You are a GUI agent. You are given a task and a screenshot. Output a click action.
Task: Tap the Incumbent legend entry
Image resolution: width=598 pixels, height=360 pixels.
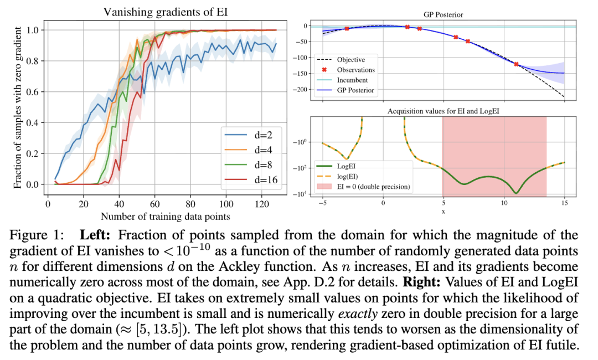[x=352, y=80]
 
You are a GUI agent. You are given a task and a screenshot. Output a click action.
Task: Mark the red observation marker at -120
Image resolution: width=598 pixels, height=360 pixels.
[x=516, y=64]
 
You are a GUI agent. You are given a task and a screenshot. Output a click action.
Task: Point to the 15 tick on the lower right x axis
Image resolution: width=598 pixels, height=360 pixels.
[x=564, y=203]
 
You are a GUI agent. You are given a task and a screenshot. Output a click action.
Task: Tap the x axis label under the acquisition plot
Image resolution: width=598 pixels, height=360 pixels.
[x=444, y=211]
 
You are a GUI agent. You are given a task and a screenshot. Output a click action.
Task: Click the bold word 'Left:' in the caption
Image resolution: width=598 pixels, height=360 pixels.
[x=96, y=235]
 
